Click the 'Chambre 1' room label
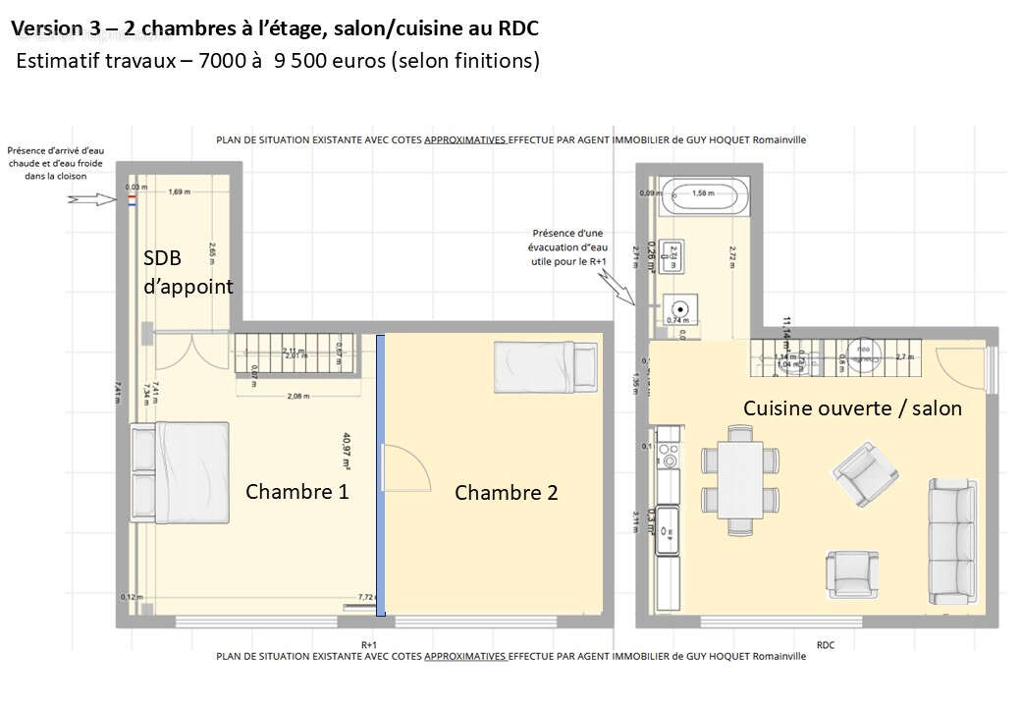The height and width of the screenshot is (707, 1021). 296,491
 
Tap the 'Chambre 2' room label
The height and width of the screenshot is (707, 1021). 506,492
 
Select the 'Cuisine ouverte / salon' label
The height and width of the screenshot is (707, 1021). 852,408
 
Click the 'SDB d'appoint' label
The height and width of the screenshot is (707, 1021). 188,272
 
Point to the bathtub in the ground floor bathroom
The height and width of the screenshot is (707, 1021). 704,194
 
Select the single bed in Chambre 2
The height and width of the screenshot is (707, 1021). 546,363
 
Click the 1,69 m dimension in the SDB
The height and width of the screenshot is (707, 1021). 179,191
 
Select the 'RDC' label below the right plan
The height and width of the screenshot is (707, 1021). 825,644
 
